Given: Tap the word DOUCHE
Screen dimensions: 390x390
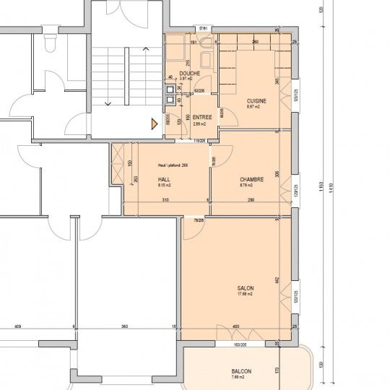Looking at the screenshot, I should coord(190,73).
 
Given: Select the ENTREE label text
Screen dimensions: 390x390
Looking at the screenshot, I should coord(202,117).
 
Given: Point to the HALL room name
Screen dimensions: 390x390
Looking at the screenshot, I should coord(164,179).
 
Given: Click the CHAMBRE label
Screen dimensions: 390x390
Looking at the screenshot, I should coord(251,180).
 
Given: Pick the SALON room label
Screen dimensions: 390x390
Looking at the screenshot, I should coord(246,287).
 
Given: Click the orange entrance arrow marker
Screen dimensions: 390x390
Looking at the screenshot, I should coord(154,123).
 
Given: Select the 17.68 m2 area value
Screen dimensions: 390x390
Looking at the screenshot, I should coord(246,294).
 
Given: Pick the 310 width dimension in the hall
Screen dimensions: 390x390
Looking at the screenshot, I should coord(165,199).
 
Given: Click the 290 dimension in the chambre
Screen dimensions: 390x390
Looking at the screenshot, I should coord(251,199).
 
